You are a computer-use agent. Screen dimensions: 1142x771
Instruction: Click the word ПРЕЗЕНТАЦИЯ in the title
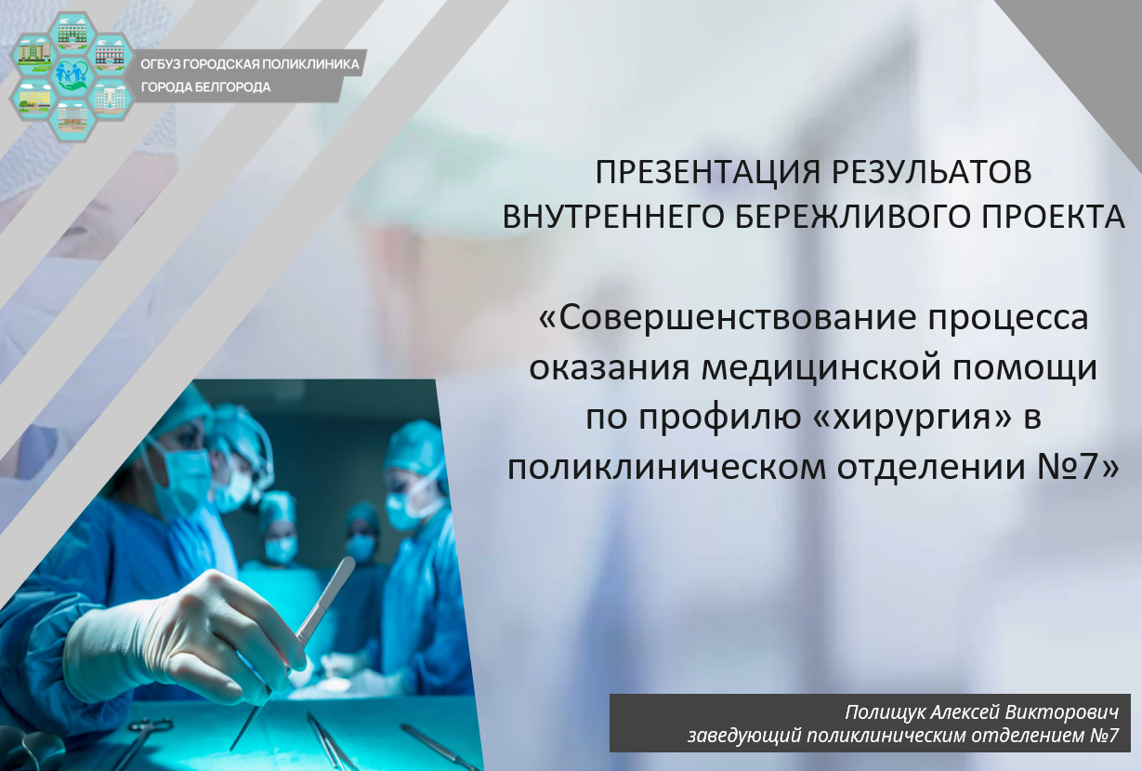coord(709,172)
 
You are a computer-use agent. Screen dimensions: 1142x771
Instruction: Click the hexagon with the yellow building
coord(34,98)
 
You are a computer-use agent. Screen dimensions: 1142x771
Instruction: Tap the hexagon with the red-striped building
coord(111,55)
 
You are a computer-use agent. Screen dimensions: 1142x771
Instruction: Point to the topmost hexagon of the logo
coord(72,33)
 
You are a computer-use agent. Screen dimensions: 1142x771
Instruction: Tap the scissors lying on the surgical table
coord(138,742)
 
